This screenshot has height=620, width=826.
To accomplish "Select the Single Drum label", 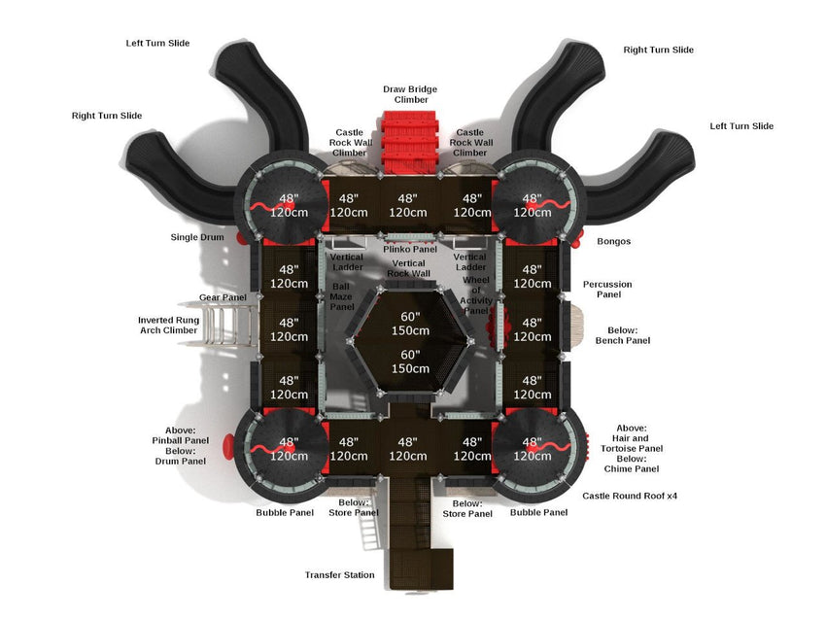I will tap(197, 237).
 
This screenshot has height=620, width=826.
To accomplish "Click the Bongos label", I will tap(614, 241).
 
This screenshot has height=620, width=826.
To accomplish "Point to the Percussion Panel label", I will tap(607, 290).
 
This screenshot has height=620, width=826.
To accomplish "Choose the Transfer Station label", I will tap(339, 575).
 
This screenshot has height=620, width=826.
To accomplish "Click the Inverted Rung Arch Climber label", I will tap(168, 325).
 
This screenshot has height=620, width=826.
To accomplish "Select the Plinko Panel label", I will tap(409, 249).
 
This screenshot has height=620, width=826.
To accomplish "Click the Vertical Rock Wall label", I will tap(408, 268).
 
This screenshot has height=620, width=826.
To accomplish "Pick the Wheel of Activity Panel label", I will tap(476, 295).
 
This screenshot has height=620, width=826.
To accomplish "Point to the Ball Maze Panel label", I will tap(342, 296).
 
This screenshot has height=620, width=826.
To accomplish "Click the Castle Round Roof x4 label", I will tap(630, 496).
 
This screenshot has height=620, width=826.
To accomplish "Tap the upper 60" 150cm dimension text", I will tap(410, 325).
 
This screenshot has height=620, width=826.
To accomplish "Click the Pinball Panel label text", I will tap(182, 440).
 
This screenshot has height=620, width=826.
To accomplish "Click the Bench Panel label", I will tap(622, 341).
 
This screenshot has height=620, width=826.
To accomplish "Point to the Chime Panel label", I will tap(631, 469).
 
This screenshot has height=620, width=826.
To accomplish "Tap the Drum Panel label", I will tap(181, 462).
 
